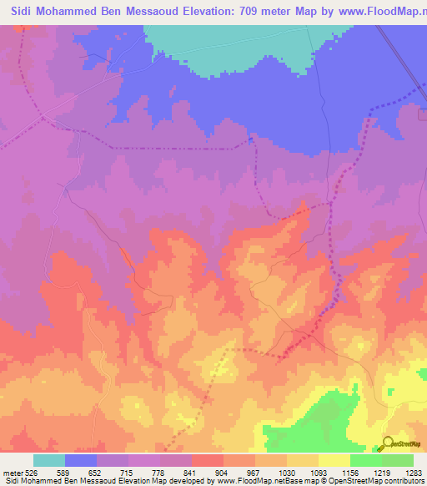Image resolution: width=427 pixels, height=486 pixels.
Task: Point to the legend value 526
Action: (x=33, y=473)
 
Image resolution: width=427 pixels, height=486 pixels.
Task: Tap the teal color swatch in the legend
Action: (x=48, y=460)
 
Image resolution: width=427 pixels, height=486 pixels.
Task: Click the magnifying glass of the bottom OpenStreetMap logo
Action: (x=386, y=443)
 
